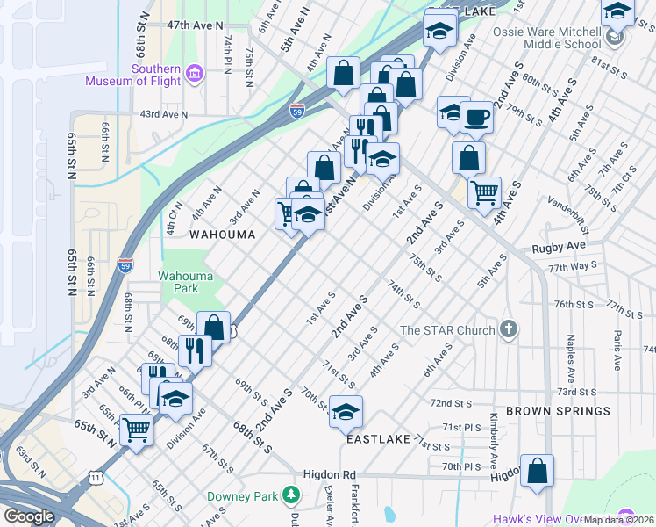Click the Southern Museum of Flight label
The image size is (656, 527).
tap(133, 76)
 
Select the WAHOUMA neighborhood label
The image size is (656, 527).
tap(223, 235)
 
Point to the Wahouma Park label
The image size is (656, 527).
tap(185, 282)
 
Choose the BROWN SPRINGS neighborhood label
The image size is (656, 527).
tap(558, 410)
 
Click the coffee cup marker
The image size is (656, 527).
tap(476, 117)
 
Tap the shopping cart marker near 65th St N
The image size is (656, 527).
tap(137, 430)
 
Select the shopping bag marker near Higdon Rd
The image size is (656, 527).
tap(537, 470)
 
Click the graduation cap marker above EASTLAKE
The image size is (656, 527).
tap(346, 411)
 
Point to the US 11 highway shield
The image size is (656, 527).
tap(95, 475)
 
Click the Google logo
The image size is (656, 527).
tap(29, 516)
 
